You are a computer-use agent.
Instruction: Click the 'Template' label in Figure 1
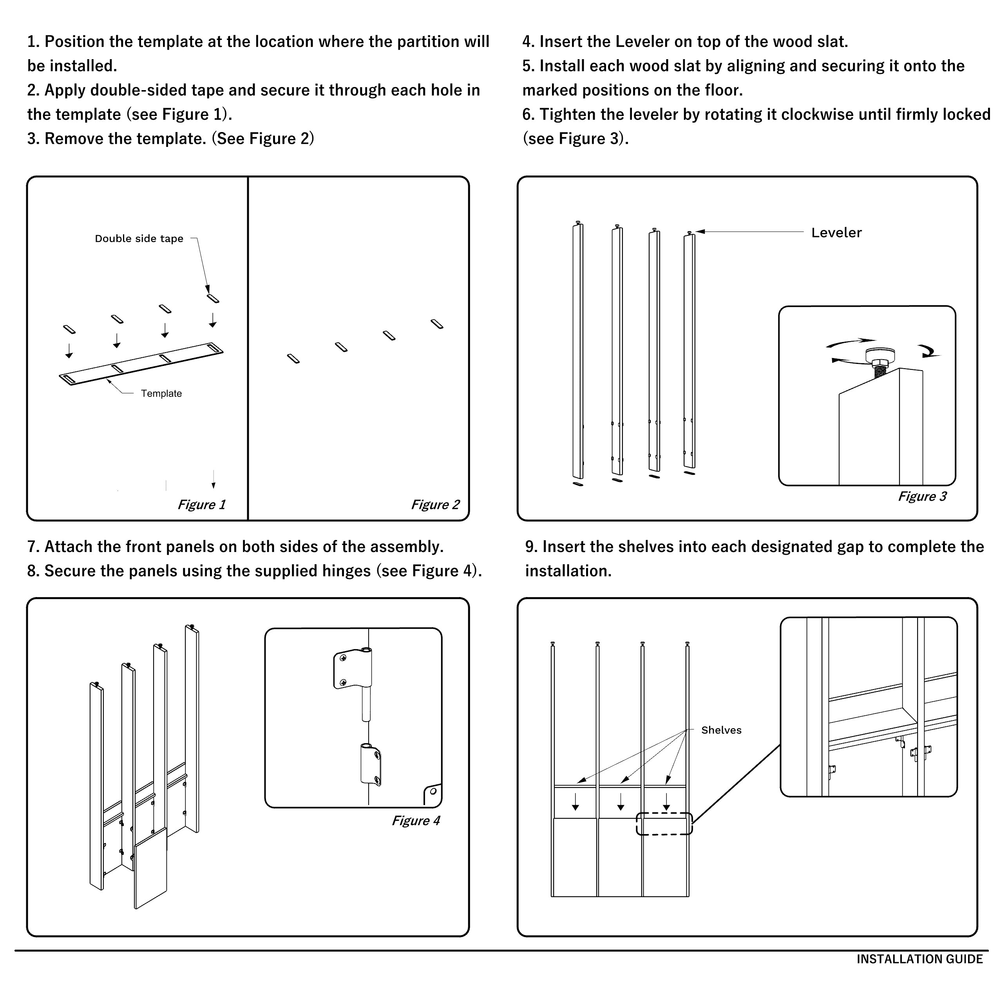161,393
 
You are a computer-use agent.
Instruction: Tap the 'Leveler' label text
836,233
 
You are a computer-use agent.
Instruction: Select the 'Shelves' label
721,730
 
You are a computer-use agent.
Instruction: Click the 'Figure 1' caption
202,505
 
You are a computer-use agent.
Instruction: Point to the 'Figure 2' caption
435,505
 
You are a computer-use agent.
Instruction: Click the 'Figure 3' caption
922,496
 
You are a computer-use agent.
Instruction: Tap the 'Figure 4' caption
416,821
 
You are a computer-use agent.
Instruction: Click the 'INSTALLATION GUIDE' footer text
919,959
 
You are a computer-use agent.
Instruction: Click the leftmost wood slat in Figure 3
577,352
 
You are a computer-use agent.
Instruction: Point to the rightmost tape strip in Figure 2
437,324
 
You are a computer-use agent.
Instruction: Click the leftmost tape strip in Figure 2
293,358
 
